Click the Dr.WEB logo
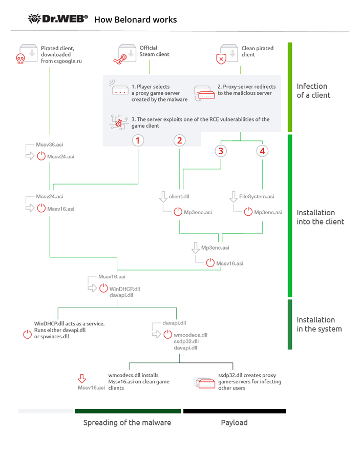tap(58, 19)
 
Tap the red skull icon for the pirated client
tap(20, 59)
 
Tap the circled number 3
tap(221, 151)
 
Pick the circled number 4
tap(262, 151)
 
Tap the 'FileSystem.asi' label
tap(257, 197)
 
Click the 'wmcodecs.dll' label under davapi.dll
tap(190, 334)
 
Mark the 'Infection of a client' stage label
tap(313, 91)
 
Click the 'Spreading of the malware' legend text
tap(127, 423)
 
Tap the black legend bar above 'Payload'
tap(235, 411)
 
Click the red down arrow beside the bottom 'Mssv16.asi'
tap(81, 379)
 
